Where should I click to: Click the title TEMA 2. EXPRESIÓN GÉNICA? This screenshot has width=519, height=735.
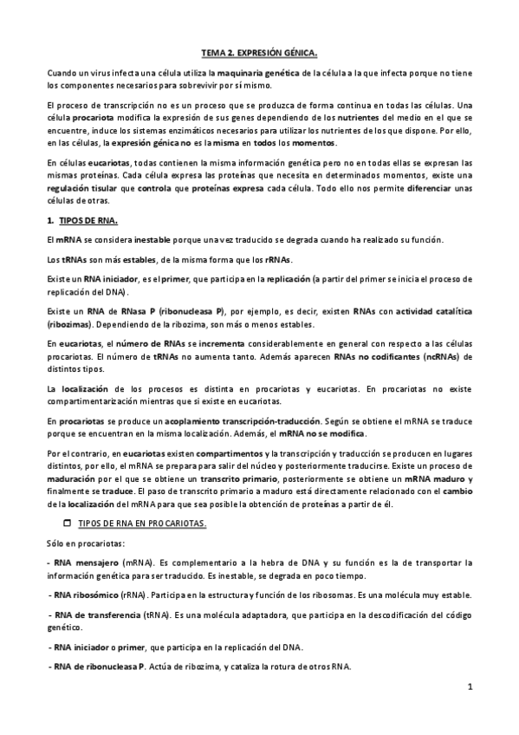(x=259, y=52)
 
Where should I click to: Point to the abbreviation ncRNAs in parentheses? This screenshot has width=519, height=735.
(x=444, y=355)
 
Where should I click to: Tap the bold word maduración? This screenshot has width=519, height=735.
(x=75, y=478)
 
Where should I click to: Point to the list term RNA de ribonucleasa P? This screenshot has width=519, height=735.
(x=98, y=667)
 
